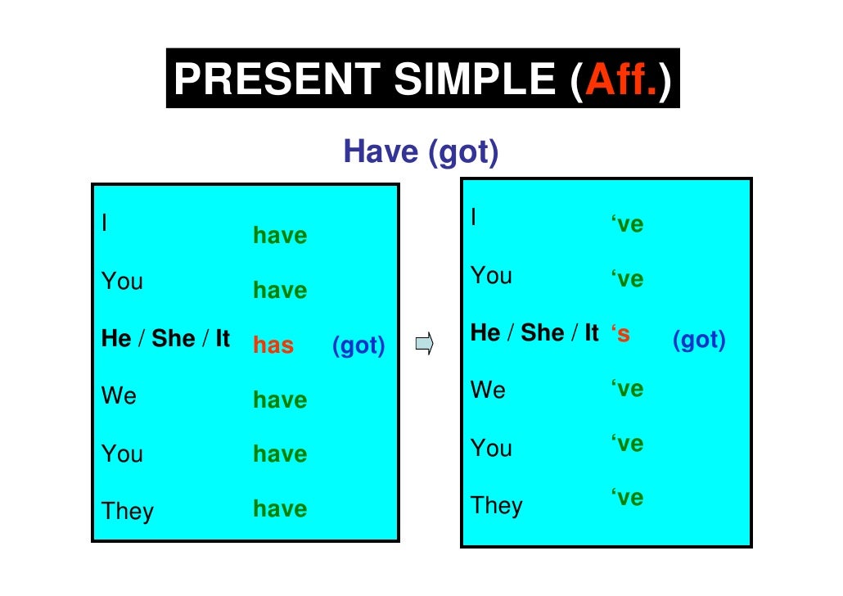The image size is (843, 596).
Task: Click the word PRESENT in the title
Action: [276, 79]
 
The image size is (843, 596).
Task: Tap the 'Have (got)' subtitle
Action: [421, 151]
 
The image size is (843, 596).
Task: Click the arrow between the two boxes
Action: [423, 344]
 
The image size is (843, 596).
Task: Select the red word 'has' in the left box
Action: [273, 345]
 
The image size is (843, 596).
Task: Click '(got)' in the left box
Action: [358, 345]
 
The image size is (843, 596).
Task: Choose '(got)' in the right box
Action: [699, 340]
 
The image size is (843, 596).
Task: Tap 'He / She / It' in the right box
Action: [535, 333]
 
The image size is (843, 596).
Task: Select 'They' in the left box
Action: [128, 512]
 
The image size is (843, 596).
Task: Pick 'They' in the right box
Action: [497, 505]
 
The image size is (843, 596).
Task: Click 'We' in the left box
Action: [119, 396]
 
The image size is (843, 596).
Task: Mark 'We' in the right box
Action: [489, 390]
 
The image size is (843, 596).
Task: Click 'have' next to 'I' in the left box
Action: [280, 237]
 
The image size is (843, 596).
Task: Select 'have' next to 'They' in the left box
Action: [280, 509]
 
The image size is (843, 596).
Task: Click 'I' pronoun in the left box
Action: [105, 222]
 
